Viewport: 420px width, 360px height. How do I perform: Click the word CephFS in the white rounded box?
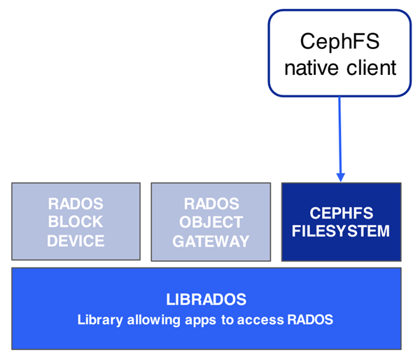[x=339, y=41]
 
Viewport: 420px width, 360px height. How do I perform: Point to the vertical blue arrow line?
[x=340, y=133]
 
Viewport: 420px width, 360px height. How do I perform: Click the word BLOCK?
[x=76, y=222]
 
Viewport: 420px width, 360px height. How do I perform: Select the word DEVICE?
[x=76, y=241]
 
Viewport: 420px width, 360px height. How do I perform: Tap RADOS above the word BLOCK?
[x=76, y=204]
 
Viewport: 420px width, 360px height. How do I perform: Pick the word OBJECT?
[x=211, y=222]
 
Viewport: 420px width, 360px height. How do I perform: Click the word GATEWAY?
[x=211, y=241]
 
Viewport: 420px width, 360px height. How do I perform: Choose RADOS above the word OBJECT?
[x=211, y=204]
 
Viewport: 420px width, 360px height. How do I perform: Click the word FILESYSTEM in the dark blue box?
[x=341, y=231]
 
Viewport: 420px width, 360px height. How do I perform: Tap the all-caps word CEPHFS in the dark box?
[x=341, y=214]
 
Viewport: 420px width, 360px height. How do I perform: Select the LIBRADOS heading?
[x=206, y=300]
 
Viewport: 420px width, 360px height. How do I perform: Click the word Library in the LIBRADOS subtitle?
[x=99, y=320]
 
